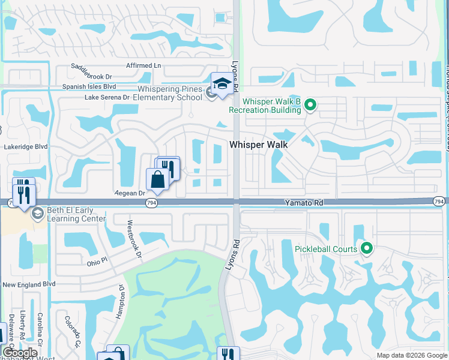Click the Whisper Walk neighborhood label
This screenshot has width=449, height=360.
coord(259,145)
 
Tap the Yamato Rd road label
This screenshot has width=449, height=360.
coord(304,204)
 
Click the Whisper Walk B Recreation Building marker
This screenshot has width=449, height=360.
coord(310,106)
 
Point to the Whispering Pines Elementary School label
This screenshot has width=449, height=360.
coord(167,94)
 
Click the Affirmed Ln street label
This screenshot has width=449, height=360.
coord(144,65)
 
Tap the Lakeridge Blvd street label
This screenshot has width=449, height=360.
coord(25,146)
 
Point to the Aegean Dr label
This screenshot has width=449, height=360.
coord(130,193)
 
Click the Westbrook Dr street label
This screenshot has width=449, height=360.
coord(134,239)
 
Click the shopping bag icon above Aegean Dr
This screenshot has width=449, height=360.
coord(157,180)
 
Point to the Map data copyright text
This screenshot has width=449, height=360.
coord(412,355)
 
